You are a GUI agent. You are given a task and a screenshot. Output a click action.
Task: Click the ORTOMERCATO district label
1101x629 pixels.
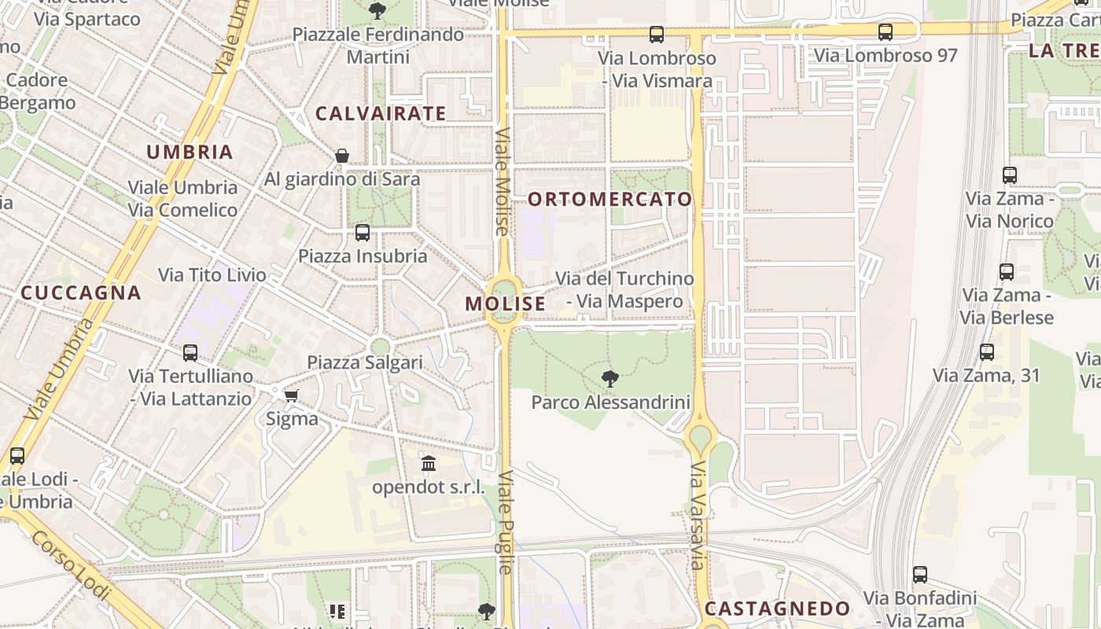point(609,200)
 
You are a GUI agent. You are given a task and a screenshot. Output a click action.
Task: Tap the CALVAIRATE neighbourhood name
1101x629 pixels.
point(381,114)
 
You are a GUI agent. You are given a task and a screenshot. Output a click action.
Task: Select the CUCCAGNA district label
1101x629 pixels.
point(81,293)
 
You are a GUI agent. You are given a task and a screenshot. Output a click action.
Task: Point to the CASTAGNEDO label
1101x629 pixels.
point(777,609)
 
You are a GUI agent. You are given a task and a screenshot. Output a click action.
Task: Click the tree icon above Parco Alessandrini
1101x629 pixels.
point(609,379)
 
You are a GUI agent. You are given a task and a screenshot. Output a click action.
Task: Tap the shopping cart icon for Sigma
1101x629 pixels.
point(291,395)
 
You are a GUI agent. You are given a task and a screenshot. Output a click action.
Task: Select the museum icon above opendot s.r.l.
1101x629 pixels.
point(429,464)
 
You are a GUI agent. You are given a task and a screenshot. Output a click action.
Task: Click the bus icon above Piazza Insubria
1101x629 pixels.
point(362,233)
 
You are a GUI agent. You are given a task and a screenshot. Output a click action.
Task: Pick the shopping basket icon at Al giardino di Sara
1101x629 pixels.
point(342,156)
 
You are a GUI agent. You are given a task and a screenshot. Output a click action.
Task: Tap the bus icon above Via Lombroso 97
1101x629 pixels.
point(886,32)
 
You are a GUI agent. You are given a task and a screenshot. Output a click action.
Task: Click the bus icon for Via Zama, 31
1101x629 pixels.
point(987,352)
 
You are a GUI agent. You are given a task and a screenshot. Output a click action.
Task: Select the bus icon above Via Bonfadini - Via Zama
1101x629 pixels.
point(920,575)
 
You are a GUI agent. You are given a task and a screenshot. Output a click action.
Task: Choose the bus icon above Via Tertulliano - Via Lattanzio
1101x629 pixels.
point(190,353)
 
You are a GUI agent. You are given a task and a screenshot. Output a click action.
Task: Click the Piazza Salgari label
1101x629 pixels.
point(365,362)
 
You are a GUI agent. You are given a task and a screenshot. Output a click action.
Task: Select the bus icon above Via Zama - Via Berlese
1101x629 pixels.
point(1007,272)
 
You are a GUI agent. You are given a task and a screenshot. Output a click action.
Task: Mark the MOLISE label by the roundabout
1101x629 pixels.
point(505,303)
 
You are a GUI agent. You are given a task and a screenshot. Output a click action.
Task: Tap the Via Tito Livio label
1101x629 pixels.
point(212,275)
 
